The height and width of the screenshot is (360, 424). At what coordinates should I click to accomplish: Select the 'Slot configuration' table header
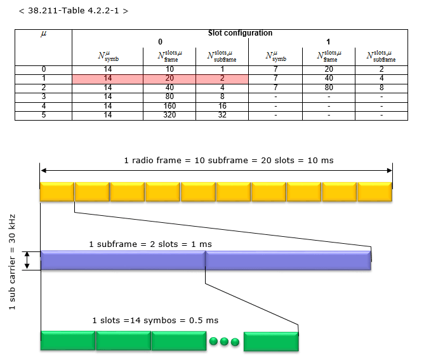tap(240, 33)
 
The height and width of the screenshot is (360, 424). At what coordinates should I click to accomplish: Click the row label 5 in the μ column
tap(43, 115)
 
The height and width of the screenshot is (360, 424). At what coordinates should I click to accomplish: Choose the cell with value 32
tap(222, 115)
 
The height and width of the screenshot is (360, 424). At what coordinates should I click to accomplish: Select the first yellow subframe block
tap(56, 192)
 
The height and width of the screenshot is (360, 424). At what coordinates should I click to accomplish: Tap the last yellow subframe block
tap(374, 192)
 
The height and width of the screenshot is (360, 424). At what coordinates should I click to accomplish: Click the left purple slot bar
tap(123, 261)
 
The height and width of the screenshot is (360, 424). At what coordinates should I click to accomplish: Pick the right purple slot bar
tap(288, 261)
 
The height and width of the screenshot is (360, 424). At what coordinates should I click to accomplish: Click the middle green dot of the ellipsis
tap(225, 342)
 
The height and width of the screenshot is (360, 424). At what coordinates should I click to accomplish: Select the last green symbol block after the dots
tap(271, 341)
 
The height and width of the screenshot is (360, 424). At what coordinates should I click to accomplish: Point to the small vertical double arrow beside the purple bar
tap(27, 260)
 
